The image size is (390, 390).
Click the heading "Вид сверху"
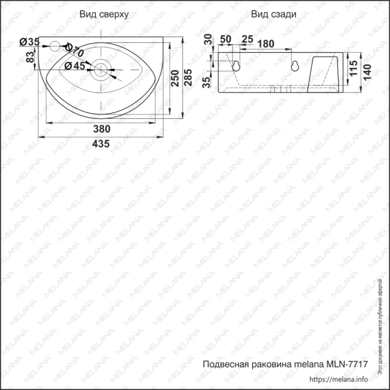(x=103, y=14)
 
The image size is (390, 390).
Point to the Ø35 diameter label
(x=29, y=42)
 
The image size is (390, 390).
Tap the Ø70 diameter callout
(x=75, y=50)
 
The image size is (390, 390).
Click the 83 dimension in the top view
(x=30, y=57)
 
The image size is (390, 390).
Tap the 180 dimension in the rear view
(x=265, y=43)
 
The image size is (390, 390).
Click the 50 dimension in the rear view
(x=226, y=39)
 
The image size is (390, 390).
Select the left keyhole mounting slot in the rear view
(x=237, y=64)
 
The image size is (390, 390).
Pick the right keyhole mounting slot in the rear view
(x=294, y=65)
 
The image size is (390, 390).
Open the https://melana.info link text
(x=339, y=379)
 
